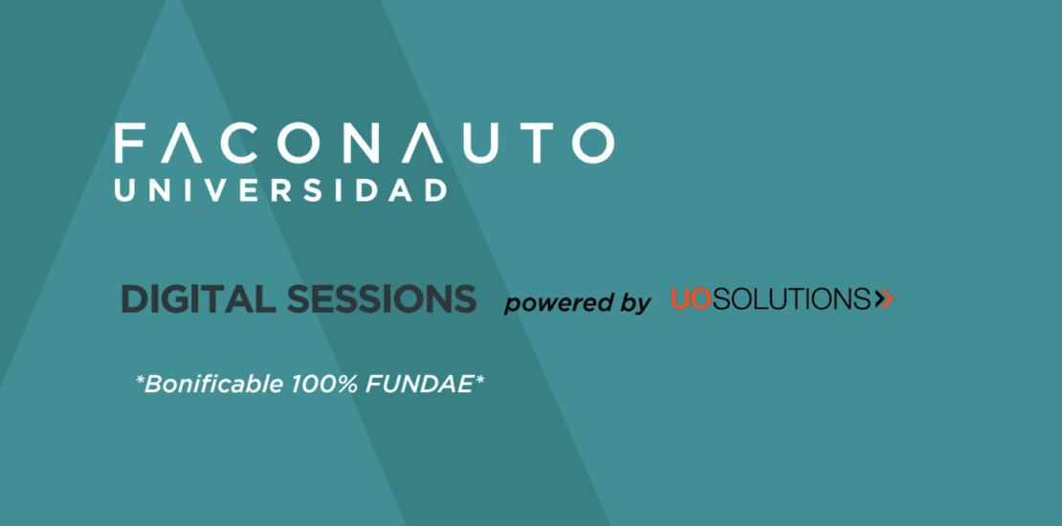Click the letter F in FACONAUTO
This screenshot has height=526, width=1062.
coord(128,142)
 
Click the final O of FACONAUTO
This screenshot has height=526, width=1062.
coord(592,142)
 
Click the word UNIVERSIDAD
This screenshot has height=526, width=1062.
coord(281,190)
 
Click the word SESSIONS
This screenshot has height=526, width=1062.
coord(382,298)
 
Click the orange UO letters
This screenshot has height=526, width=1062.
coord(691,298)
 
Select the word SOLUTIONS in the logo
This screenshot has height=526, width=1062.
coord(791,298)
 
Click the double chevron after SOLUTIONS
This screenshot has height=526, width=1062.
coord(884,298)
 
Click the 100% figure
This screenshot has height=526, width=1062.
coord(325,384)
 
